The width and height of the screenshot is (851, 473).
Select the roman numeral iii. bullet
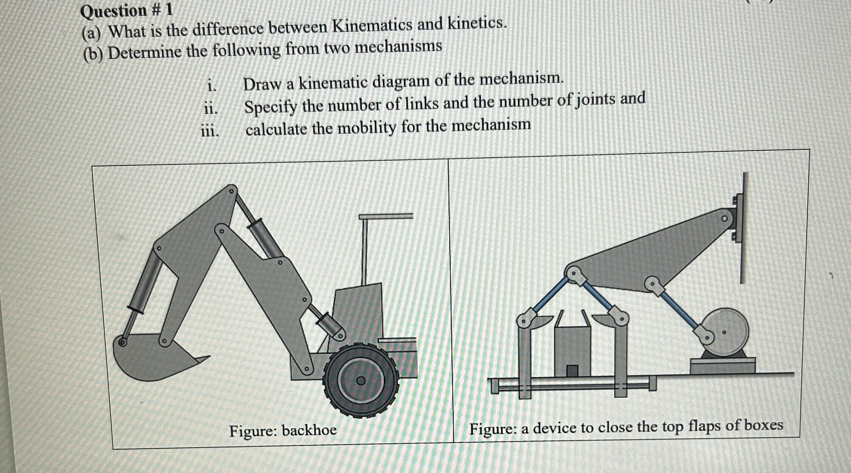210,131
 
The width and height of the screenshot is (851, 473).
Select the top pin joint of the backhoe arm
231,191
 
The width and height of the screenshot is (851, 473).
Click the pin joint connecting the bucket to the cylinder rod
123,342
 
